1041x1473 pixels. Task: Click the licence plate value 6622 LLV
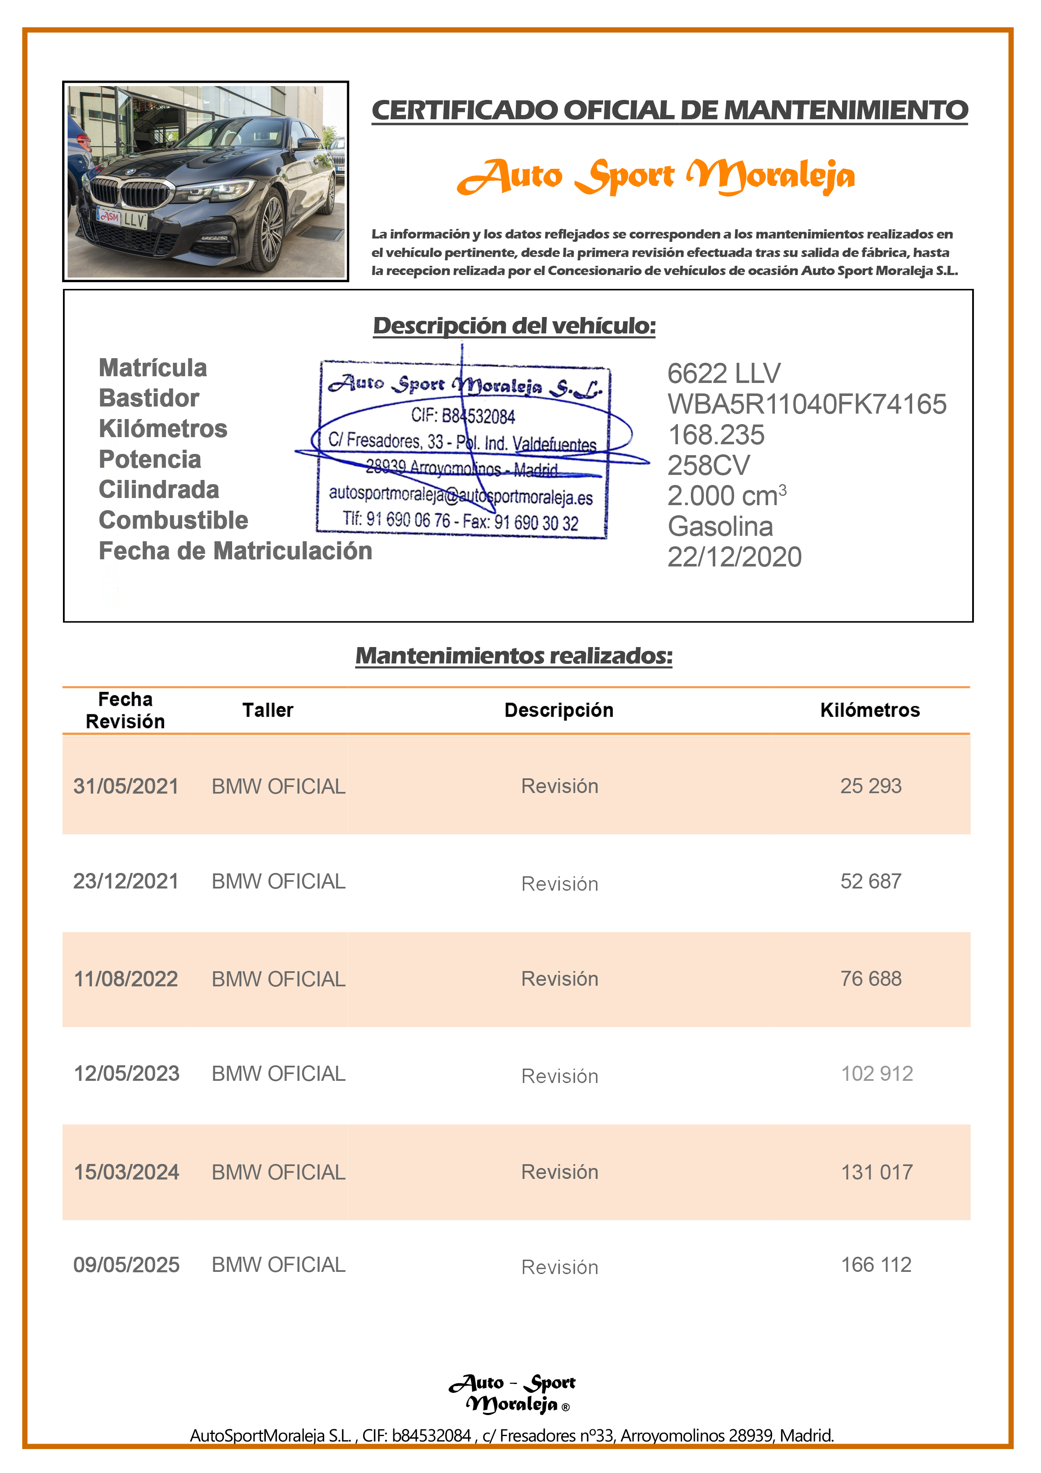[724, 373]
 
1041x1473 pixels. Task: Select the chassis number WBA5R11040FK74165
[806, 404]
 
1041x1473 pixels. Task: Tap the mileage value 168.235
[716, 435]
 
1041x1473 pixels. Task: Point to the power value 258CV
[708, 466]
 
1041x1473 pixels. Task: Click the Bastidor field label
[149, 398]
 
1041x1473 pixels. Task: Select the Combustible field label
[173, 520]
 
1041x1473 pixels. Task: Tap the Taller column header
[267, 710]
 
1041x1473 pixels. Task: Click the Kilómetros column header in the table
[870, 710]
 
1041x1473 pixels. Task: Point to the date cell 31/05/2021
[126, 786]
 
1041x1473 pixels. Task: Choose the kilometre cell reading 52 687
[871, 881]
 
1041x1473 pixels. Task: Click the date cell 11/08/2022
[126, 979]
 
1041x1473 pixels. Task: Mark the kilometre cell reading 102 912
[877, 1074]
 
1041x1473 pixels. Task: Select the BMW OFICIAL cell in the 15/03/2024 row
[278, 1172]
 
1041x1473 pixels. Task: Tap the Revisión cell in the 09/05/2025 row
[559, 1267]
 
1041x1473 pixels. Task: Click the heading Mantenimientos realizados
[514, 655]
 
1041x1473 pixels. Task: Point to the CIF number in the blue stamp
[463, 416]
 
